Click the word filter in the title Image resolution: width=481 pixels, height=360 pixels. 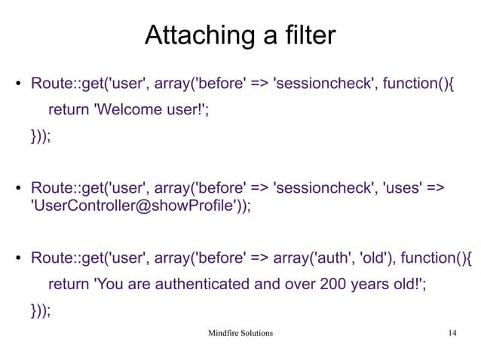click(305, 36)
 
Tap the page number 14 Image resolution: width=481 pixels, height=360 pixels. click(452, 332)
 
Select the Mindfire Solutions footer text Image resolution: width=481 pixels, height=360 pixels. click(240, 332)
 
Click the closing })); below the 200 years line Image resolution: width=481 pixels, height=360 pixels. click(41, 312)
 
